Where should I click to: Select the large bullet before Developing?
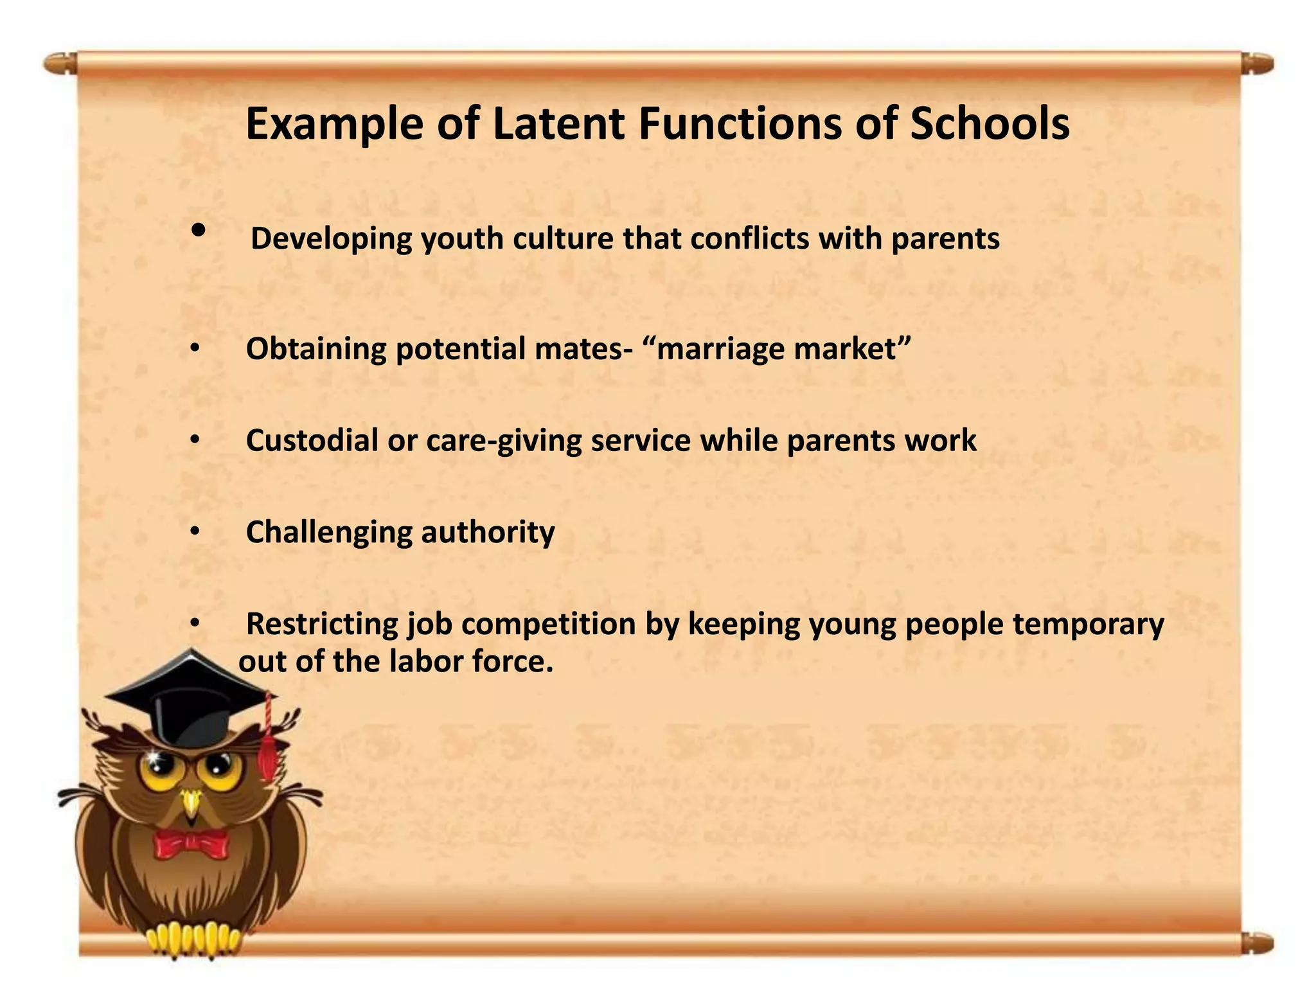click(x=199, y=230)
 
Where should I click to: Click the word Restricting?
click(x=322, y=624)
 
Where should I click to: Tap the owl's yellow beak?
click(x=191, y=804)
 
